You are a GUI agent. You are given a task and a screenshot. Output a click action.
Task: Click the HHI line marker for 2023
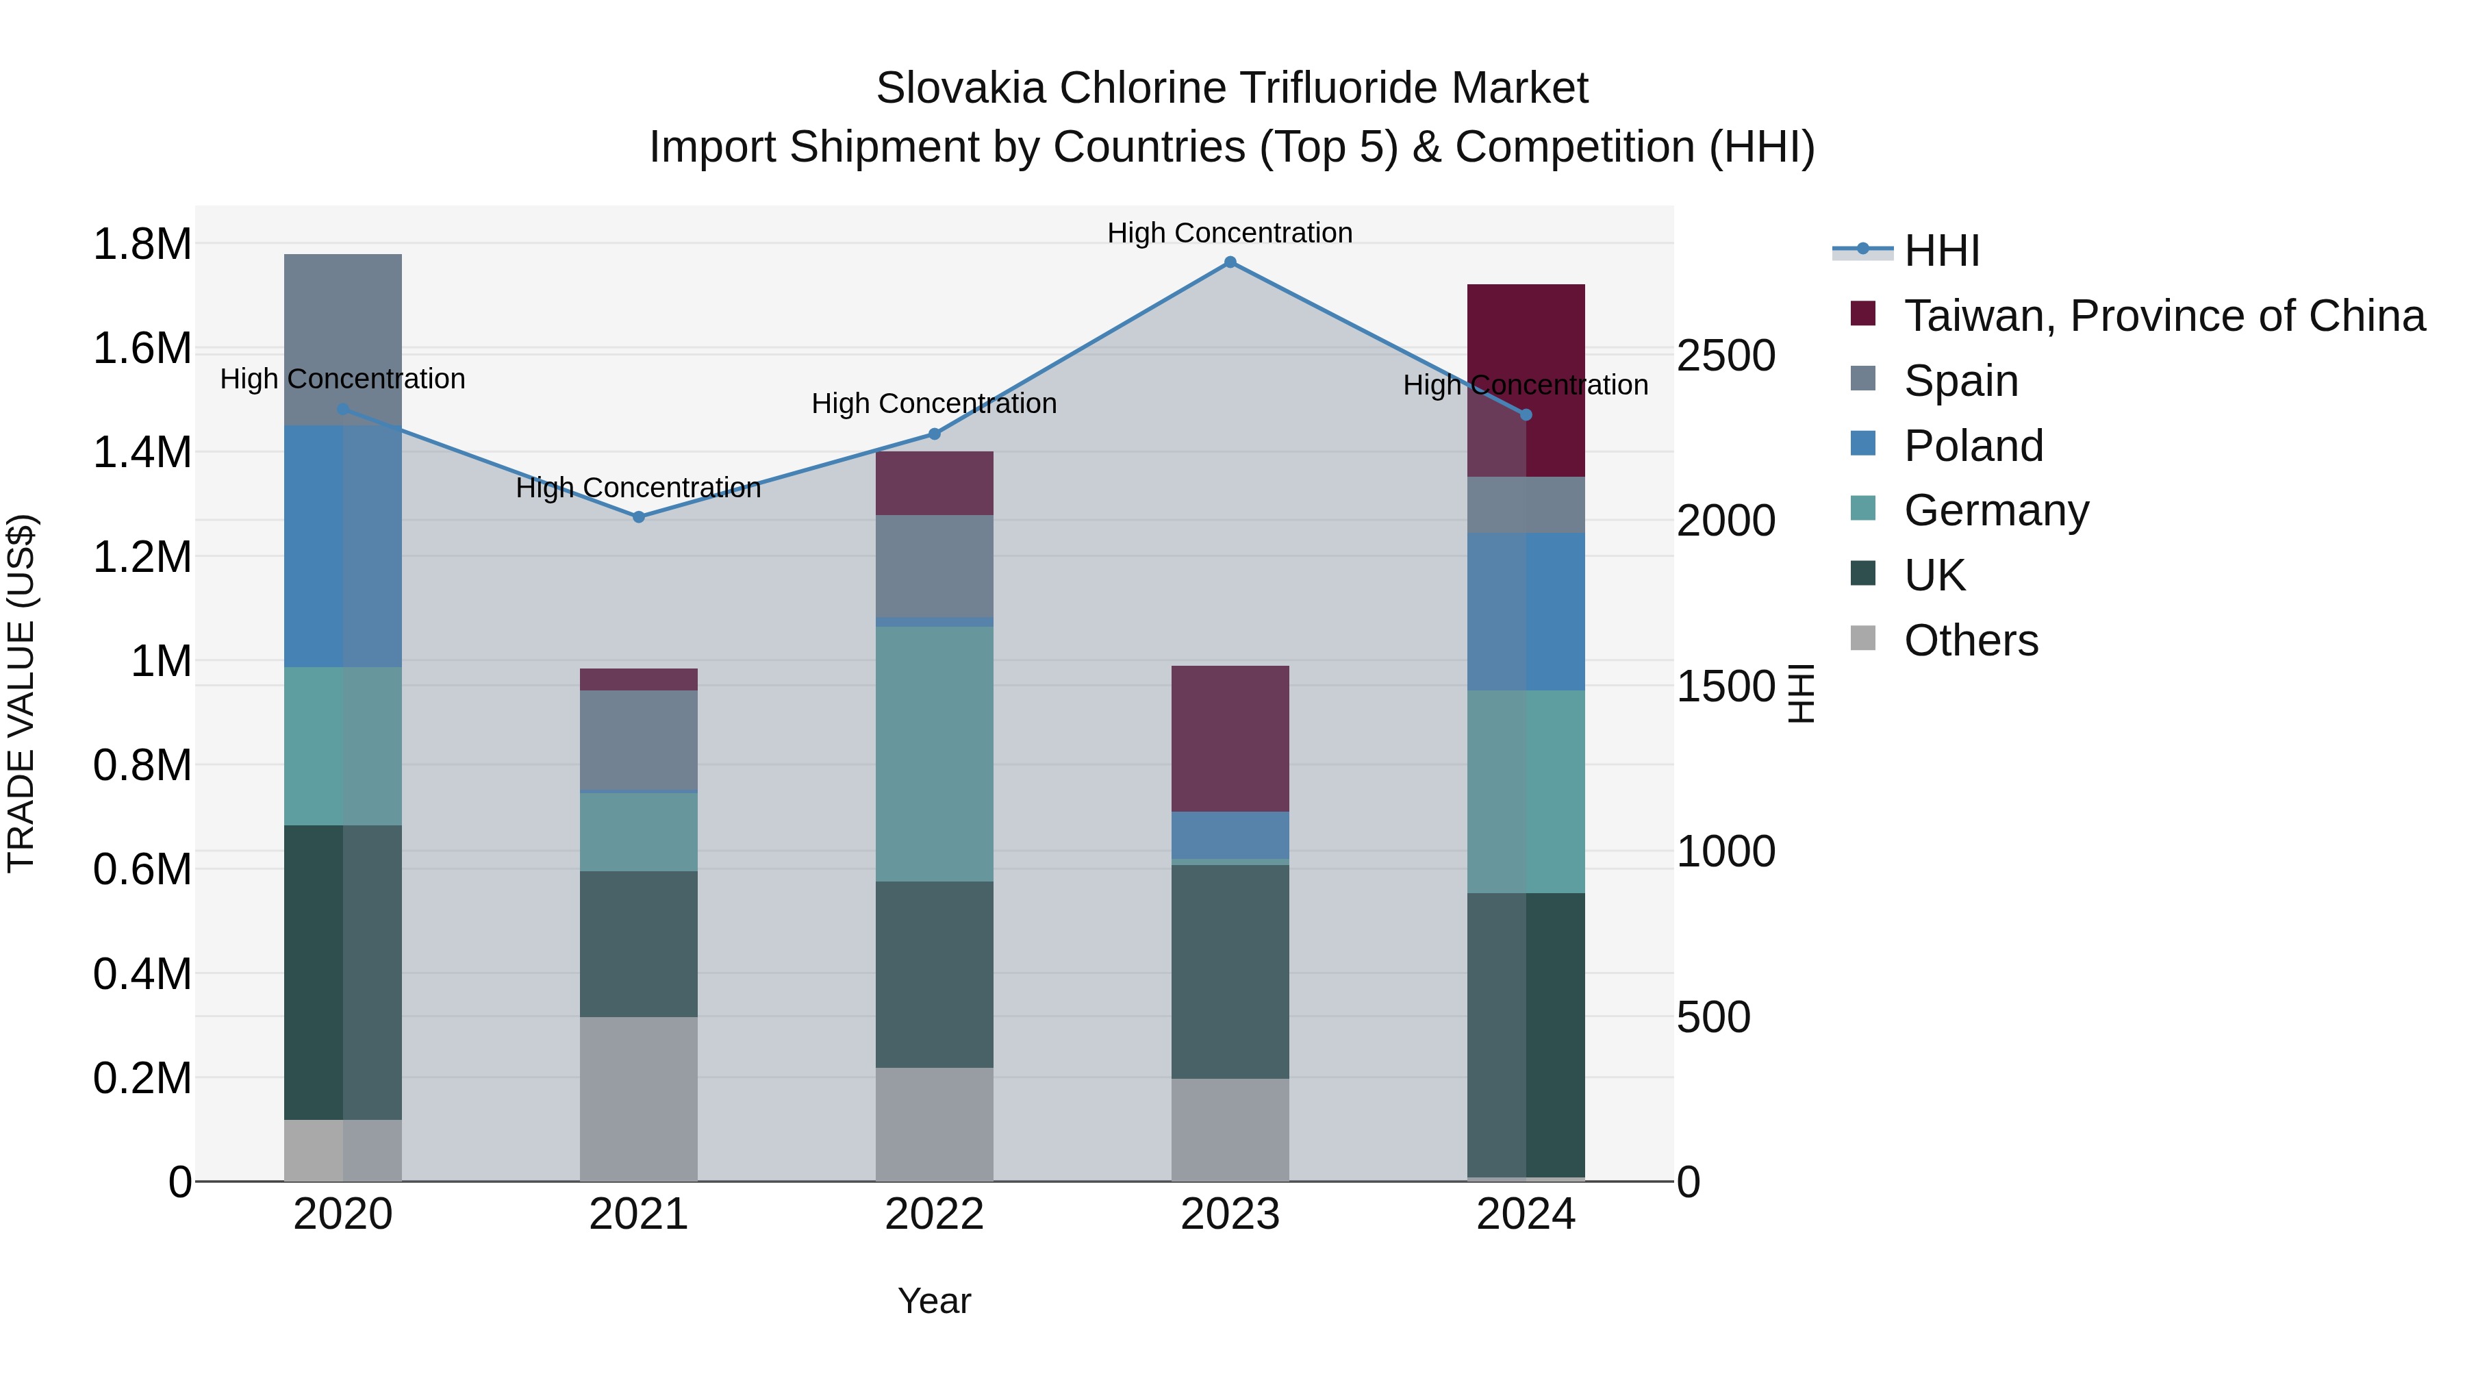[1230, 262]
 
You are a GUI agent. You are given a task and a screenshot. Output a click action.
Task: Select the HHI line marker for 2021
[638, 517]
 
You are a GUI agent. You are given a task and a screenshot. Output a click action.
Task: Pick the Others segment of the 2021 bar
[638, 1099]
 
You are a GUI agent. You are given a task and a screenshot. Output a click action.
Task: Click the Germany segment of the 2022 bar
[934, 753]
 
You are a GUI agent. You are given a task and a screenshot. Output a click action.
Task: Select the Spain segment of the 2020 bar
[342, 339]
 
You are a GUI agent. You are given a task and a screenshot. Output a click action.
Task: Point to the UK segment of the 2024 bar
[1526, 1034]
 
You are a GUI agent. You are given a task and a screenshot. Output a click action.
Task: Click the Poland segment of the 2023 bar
[1230, 835]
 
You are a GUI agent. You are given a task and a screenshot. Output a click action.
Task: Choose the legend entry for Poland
[1973, 446]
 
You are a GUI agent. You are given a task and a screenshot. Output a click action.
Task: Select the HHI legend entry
[1941, 251]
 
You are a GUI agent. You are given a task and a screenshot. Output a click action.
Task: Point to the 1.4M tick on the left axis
[142, 452]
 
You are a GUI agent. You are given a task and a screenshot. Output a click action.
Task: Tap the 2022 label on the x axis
[934, 1214]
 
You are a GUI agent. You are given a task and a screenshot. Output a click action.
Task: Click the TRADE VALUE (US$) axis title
[21, 693]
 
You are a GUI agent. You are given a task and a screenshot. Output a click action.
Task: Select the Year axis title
[934, 1301]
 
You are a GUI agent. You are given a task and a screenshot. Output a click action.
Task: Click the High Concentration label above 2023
[1230, 233]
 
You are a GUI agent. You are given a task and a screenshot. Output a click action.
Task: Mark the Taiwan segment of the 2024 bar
[1526, 380]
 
